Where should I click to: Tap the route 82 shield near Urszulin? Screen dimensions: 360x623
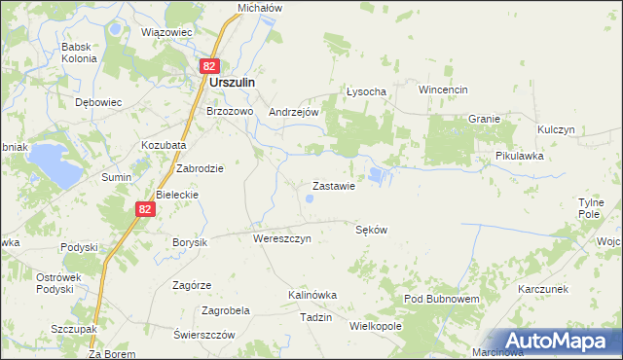[209, 66]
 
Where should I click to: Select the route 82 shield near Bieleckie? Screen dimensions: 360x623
[144, 209]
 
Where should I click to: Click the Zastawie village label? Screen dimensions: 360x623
[332, 185]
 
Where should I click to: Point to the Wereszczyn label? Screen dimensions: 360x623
[281, 238]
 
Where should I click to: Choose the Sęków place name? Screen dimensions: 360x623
[372, 231]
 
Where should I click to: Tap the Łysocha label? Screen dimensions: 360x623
[367, 91]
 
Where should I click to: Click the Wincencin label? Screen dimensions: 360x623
[444, 90]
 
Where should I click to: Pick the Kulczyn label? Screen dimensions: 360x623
[557, 129]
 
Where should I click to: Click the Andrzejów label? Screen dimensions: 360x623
[294, 112]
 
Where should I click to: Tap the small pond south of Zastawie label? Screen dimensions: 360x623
[310, 199]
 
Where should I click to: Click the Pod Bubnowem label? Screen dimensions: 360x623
[441, 297]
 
